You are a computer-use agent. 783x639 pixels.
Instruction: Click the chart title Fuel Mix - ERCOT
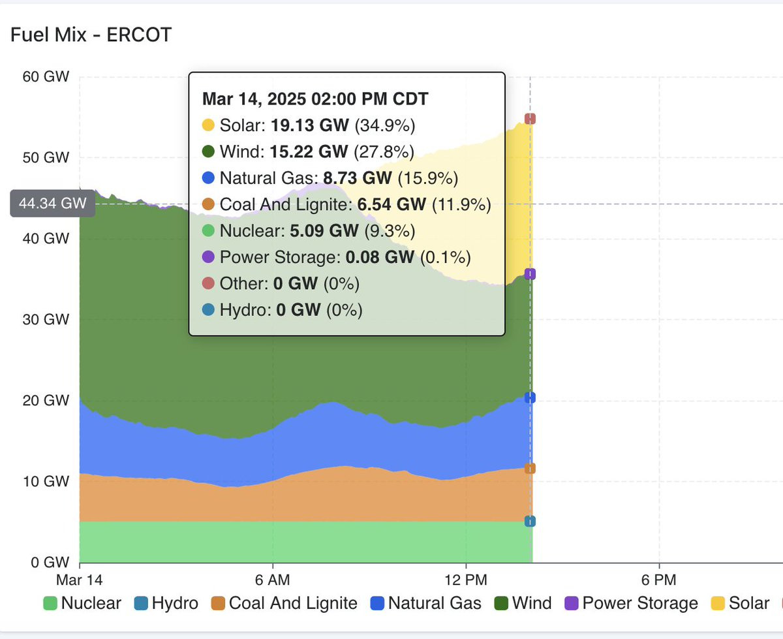(x=91, y=35)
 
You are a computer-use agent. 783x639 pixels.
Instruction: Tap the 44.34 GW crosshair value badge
(x=53, y=204)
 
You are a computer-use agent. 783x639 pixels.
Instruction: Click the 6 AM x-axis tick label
(x=272, y=580)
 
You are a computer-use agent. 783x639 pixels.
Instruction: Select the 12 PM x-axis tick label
(x=466, y=580)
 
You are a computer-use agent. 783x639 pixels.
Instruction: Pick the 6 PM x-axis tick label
(x=658, y=580)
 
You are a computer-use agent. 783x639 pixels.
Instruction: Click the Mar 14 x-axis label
(x=80, y=580)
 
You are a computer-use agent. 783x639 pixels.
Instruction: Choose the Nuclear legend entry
(x=82, y=603)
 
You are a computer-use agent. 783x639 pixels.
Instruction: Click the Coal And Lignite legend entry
(x=284, y=603)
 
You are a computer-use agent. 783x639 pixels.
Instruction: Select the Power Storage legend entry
(x=631, y=603)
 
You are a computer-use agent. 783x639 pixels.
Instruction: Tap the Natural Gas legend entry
(x=425, y=603)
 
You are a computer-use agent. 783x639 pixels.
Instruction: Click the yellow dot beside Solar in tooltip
(x=208, y=125)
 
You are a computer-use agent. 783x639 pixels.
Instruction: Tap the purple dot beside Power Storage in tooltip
(x=208, y=258)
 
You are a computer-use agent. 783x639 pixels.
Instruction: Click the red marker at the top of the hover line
(x=530, y=119)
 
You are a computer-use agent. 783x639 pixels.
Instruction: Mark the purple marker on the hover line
(x=530, y=274)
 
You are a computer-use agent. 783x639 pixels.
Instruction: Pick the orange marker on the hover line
(x=530, y=469)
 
